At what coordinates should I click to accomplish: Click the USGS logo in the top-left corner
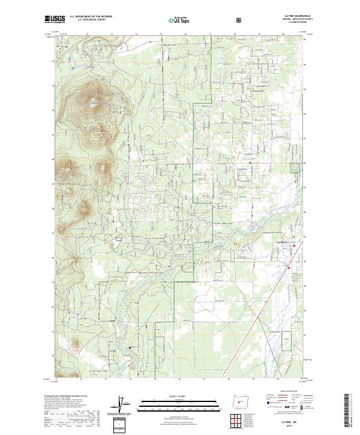[x=55, y=19]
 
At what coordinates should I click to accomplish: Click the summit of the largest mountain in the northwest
[x=92, y=103]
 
